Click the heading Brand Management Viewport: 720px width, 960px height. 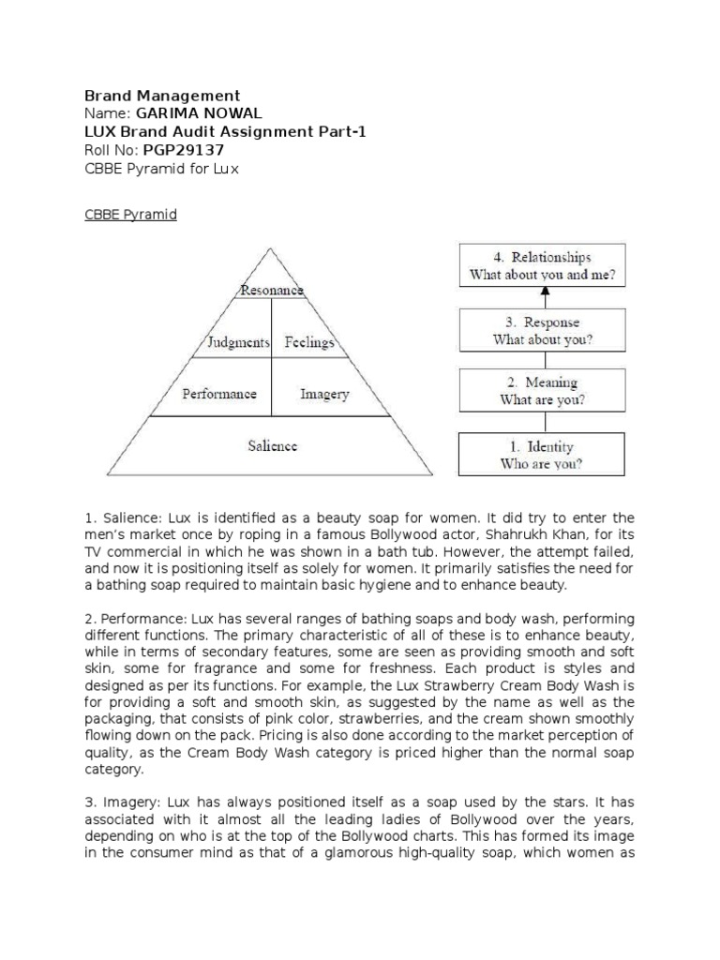point(162,96)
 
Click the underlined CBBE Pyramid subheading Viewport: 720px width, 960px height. point(130,215)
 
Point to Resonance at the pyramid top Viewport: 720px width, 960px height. point(271,291)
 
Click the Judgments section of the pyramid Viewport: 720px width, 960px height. point(238,342)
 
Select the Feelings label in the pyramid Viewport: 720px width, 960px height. point(308,342)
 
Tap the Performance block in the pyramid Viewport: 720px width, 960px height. point(219,394)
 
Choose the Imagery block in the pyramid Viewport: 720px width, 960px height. point(324,394)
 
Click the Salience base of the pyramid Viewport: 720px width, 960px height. point(272,446)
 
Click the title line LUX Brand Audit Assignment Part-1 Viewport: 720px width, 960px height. point(225,132)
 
